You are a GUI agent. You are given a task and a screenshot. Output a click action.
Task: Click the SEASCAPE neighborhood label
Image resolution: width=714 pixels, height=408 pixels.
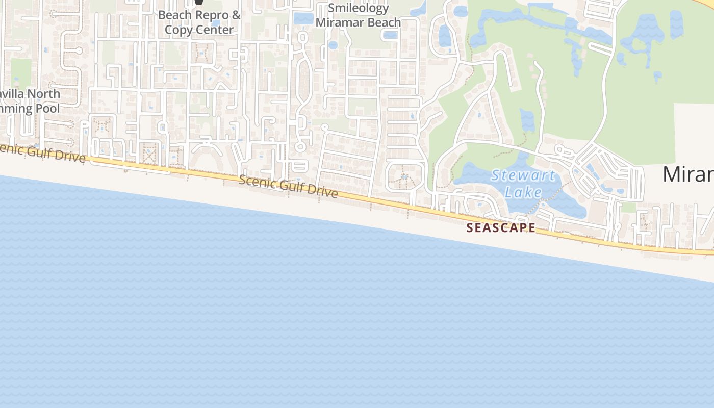[501, 228]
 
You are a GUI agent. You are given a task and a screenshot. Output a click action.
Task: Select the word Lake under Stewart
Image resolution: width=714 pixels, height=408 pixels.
[523, 192]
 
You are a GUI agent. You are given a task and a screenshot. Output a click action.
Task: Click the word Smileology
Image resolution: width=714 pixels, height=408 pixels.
[359, 8]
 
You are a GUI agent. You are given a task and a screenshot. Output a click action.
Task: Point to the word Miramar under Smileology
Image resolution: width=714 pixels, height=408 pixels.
[339, 22]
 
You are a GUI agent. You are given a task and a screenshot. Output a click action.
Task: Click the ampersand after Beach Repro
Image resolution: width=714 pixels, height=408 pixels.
[236, 15]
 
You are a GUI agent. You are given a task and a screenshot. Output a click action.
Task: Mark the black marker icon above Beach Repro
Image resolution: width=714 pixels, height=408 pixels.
[198, 3]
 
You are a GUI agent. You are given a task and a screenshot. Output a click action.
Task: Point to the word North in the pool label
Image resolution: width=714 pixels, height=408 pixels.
[43, 94]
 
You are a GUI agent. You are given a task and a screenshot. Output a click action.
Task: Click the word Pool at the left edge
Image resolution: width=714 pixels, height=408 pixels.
[47, 108]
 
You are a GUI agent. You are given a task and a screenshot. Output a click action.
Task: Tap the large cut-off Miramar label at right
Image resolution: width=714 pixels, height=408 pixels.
[688, 174]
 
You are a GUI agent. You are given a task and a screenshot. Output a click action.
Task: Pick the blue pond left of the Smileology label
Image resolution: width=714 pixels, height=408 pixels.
[303, 19]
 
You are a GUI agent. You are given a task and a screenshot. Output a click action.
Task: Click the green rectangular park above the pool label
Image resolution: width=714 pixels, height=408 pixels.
[21, 71]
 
